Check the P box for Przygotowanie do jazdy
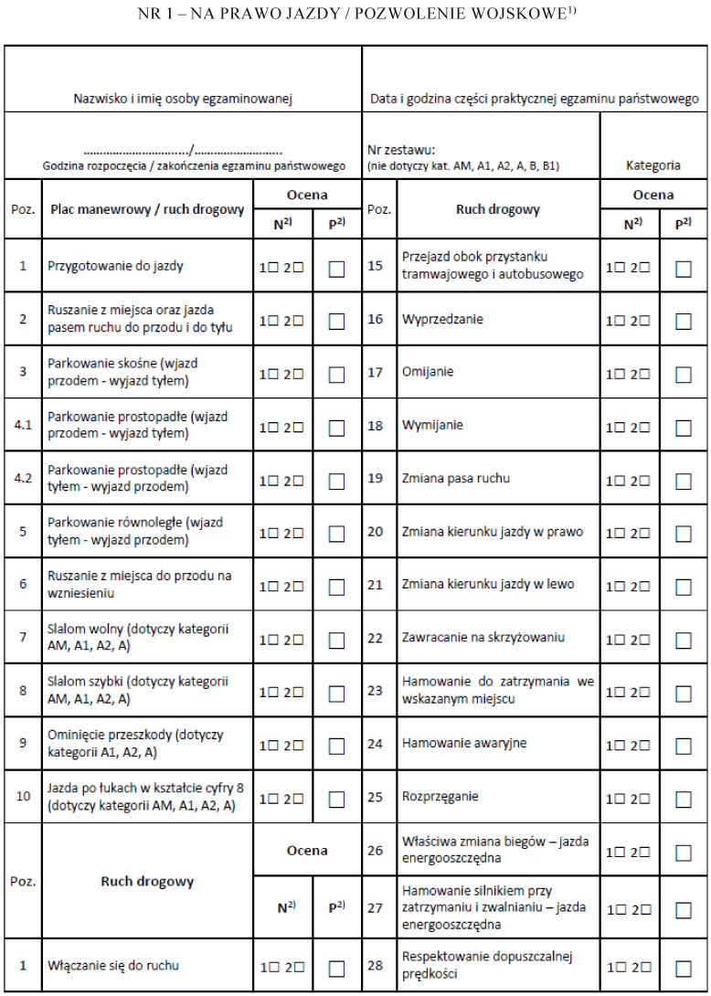point(337,269)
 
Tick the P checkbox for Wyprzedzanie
point(683,321)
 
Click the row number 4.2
point(23,478)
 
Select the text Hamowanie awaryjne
point(464,743)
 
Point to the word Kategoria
point(653,166)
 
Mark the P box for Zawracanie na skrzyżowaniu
point(683,638)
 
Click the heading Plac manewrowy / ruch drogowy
point(147,209)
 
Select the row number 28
point(376,964)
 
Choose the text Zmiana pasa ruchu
point(456,478)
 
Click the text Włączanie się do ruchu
point(113,965)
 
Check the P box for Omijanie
point(683,374)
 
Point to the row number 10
point(23,796)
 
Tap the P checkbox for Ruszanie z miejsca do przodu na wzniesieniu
point(337,586)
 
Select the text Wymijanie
point(432,425)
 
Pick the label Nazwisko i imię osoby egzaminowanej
point(183,98)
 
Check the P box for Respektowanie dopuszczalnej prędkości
point(683,969)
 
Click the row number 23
point(376,690)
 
